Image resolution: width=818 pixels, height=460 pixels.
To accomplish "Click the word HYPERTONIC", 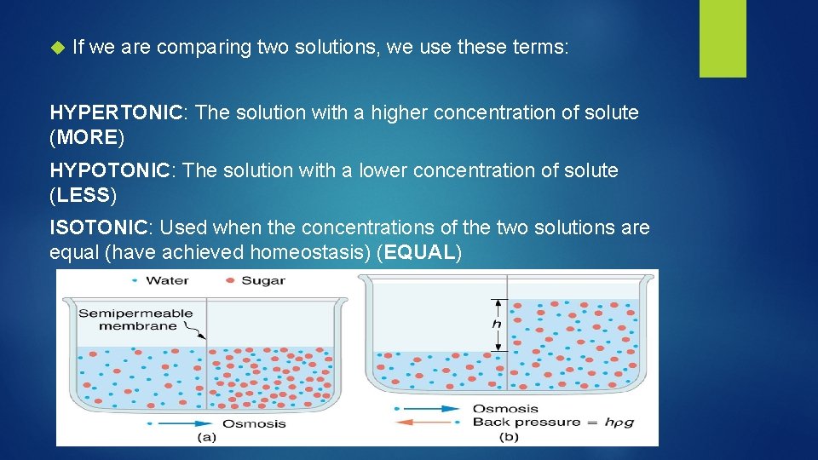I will click(x=116, y=112).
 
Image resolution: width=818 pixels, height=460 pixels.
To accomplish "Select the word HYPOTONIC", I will click(x=110, y=170).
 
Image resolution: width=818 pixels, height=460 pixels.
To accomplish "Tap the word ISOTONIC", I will click(x=98, y=228).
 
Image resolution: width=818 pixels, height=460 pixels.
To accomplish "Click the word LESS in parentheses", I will click(x=84, y=195).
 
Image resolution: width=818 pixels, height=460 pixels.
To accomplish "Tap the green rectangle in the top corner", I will click(x=723, y=38).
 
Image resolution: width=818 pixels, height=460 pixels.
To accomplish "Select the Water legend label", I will click(x=167, y=280).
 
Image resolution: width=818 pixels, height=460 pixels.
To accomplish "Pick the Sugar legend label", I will click(x=263, y=280).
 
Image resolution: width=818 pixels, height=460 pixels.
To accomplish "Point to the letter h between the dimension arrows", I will click(x=496, y=325).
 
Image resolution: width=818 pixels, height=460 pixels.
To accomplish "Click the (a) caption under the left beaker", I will click(x=207, y=437).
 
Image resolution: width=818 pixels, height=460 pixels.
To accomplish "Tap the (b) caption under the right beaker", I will click(x=508, y=437).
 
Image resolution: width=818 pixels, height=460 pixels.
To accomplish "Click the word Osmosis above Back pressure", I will click(x=504, y=408).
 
